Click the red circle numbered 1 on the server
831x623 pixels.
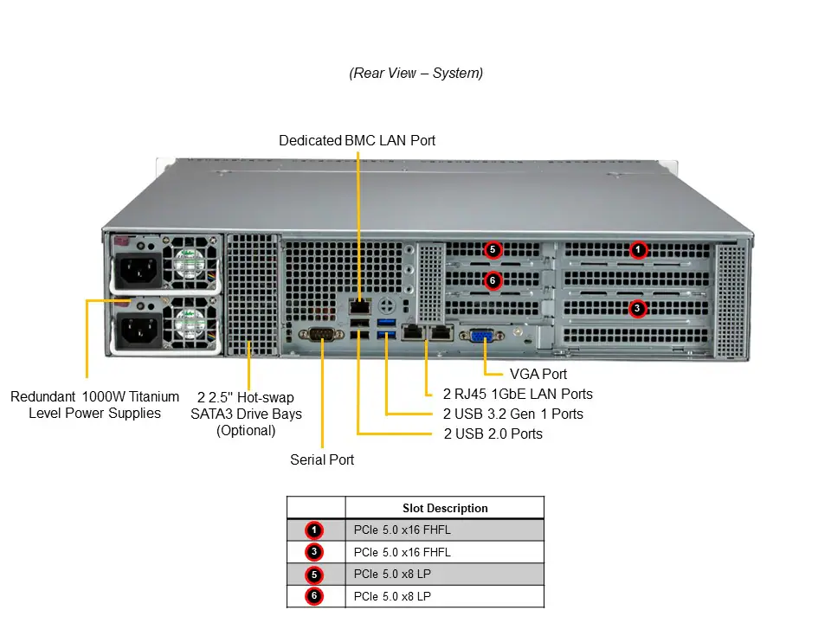tap(638, 250)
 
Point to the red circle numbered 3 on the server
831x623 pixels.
tap(637, 308)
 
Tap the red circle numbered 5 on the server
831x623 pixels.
tap(492, 250)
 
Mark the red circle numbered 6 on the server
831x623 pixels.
tap(492, 280)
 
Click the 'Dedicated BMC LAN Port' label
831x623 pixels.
tap(357, 140)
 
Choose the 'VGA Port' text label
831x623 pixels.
tap(538, 374)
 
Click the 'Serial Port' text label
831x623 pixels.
tap(322, 459)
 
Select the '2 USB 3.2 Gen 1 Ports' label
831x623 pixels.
tap(512, 414)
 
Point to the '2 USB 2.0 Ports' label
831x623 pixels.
tap(493, 433)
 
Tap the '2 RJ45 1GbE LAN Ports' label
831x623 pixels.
tap(518, 394)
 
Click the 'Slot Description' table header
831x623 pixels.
tap(445, 508)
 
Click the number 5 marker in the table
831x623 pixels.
tap(314, 575)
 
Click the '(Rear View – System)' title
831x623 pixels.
tap(415, 74)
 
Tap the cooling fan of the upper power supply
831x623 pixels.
tap(190, 267)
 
